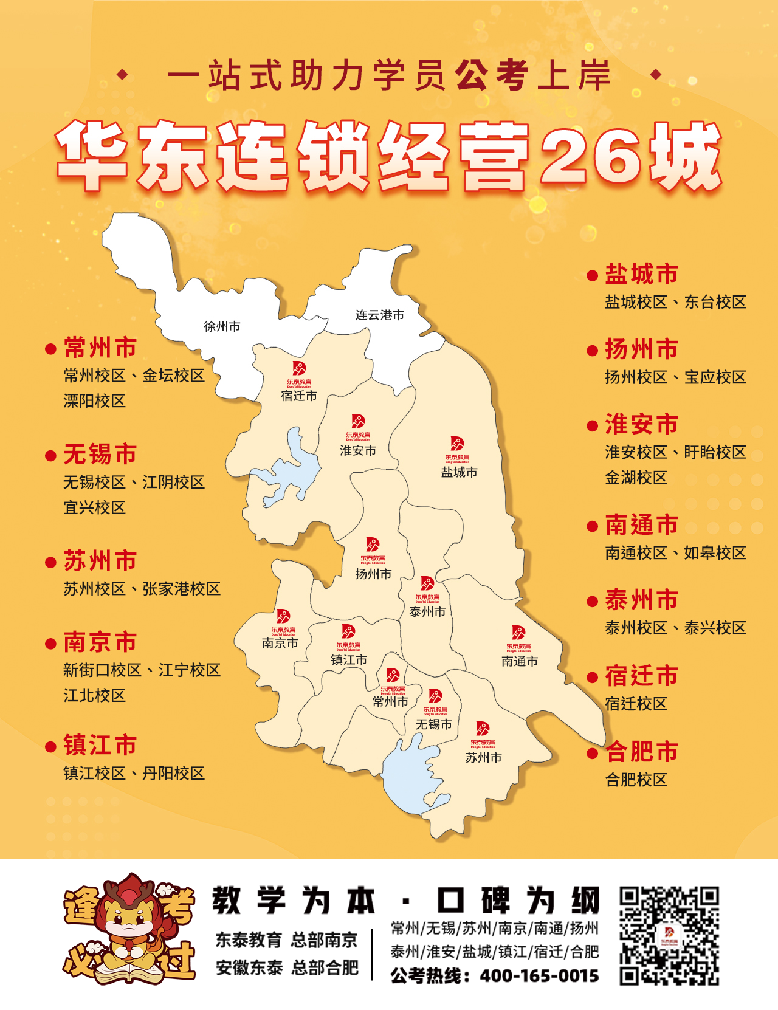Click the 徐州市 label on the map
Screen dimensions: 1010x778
222,326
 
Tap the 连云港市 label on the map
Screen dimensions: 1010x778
380,315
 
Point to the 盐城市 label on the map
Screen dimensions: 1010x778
459,472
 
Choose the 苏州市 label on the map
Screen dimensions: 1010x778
484,757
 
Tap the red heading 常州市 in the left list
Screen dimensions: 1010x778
100,348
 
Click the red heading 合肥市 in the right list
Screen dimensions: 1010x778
641,752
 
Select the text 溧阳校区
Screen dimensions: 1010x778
94,401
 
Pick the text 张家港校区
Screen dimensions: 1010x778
181,589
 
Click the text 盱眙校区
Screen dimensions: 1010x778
715,452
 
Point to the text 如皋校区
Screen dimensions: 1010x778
715,553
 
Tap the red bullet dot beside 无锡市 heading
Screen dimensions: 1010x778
51,455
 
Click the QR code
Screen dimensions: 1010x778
669,936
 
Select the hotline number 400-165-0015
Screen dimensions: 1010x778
539,976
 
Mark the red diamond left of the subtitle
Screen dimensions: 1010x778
123,75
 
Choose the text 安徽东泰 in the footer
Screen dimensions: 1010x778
249,967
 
